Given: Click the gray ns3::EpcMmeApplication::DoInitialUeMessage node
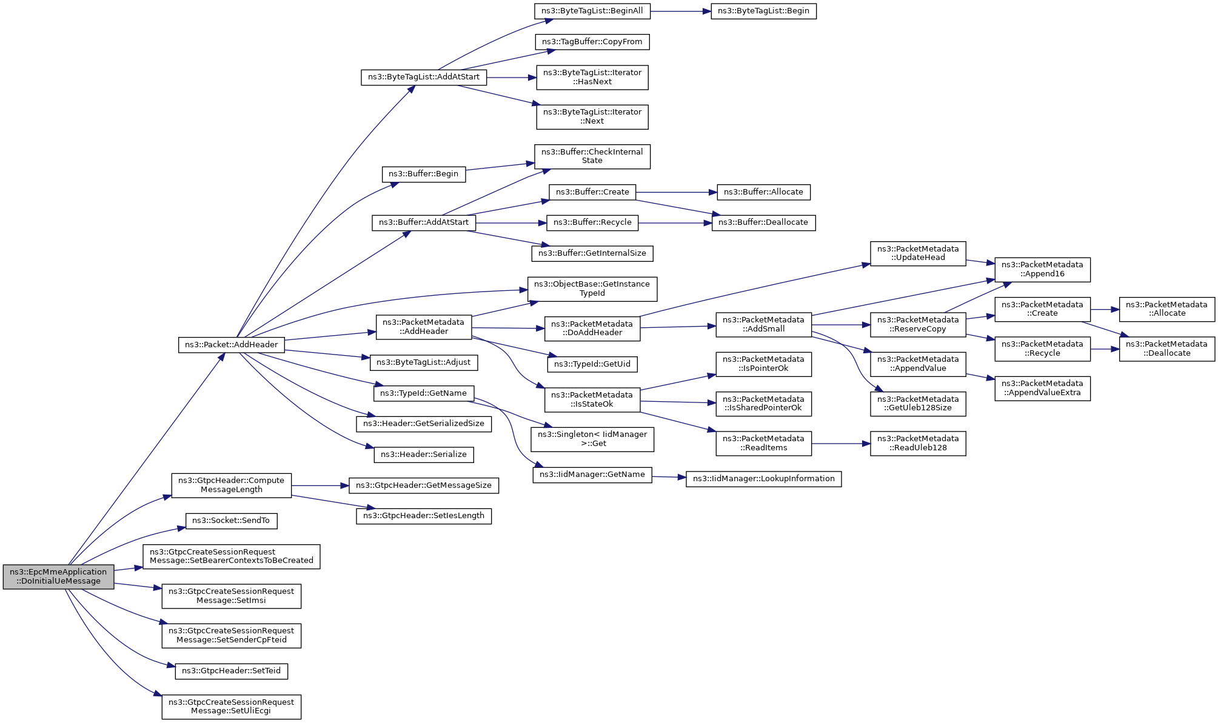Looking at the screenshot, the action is pyautogui.click(x=58, y=576).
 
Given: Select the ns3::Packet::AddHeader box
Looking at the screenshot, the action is pyautogui.click(x=231, y=345).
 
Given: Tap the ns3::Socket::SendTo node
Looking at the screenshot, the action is pyautogui.click(x=231, y=521).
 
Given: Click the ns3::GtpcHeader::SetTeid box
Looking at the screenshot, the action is pyautogui.click(x=231, y=671).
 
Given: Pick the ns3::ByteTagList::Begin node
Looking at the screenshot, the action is pyautogui.click(x=763, y=11).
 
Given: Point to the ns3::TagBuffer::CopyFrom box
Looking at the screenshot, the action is pyautogui.click(x=592, y=42).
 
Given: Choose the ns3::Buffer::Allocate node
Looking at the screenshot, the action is pyautogui.click(x=763, y=192).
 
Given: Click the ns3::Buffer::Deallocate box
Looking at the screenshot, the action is pyautogui.click(x=763, y=222).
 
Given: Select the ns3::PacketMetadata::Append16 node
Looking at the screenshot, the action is pyautogui.click(x=1042, y=269).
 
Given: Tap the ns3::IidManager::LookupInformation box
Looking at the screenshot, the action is pyautogui.click(x=763, y=479).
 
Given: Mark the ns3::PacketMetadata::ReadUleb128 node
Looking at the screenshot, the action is pyautogui.click(x=918, y=443).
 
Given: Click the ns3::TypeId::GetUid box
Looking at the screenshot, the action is pyautogui.click(x=592, y=364).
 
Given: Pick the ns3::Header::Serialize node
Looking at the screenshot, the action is pyautogui.click(x=424, y=455).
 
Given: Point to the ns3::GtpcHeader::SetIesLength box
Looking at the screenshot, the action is pyautogui.click(x=424, y=516).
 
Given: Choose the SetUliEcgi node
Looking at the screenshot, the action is pyautogui.click(x=231, y=707).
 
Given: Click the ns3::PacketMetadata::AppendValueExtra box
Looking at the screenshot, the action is pyautogui.click(x=1042, y=388).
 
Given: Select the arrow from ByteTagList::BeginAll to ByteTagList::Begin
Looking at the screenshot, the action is pyautogui.click(x=681, y=11).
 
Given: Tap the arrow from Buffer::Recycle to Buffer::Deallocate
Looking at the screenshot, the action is pyautogui.click(x=675, y=223).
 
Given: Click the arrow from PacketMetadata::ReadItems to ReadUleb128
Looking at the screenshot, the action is pyautogui.click(x=841, y=444).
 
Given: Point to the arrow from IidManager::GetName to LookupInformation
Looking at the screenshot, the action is pyautogui.click(x=669, y=478).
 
